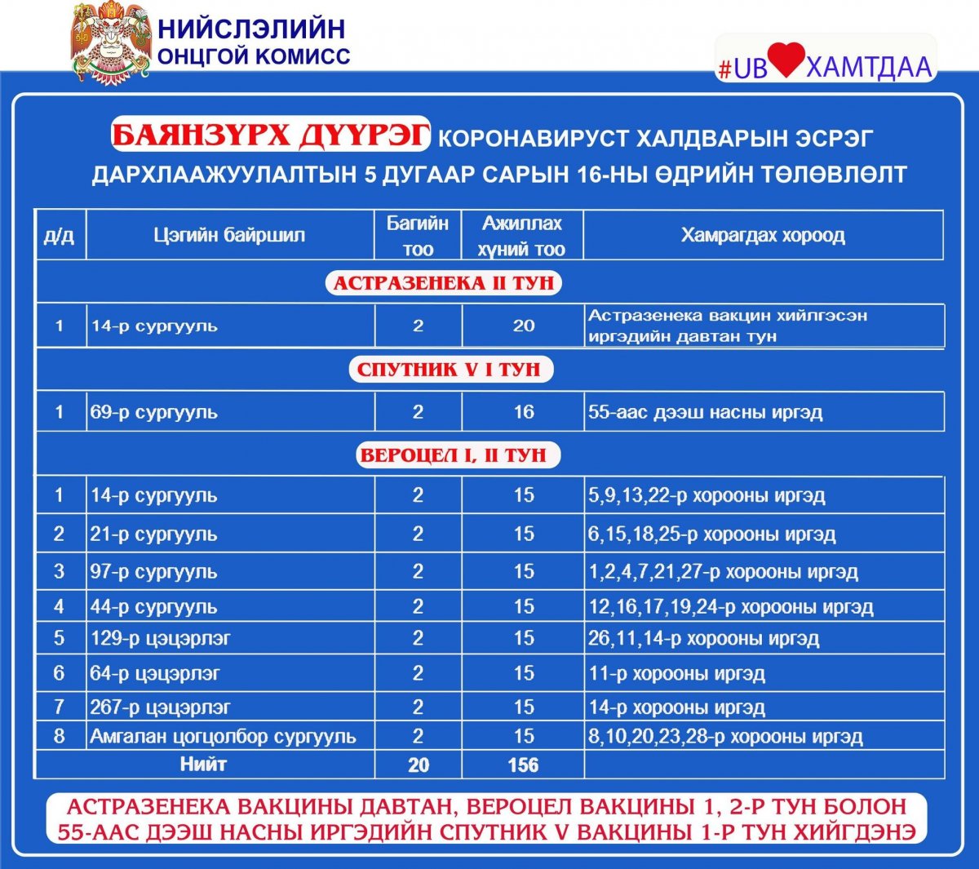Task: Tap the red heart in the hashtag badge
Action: coord(786,60)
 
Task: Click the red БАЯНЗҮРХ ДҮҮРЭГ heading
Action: coord(270,135)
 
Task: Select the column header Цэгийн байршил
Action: coord(229,236)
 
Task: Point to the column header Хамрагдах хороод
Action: coord(763,236)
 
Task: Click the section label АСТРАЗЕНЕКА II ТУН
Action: coord(444,283)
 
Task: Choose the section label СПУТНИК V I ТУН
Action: coord(449,370)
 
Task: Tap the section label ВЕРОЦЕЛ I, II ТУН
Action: coord(454,455)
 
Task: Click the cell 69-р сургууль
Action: coord(154,412)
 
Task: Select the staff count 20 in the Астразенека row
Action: coord(523,326)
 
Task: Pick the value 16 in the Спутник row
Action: coord(523,412)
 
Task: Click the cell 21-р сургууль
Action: coord(154,534)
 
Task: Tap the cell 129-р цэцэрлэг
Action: coord(161,638)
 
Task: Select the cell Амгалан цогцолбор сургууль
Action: coord(223,737)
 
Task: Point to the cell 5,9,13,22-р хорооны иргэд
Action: coord(707,495)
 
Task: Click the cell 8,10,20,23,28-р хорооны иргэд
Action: coord(725,737)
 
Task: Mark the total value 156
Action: coord(523,765)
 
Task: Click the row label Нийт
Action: coord(203,765)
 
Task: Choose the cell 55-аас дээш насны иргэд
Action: coord(706,412)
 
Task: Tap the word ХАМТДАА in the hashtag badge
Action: coord(868,67)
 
